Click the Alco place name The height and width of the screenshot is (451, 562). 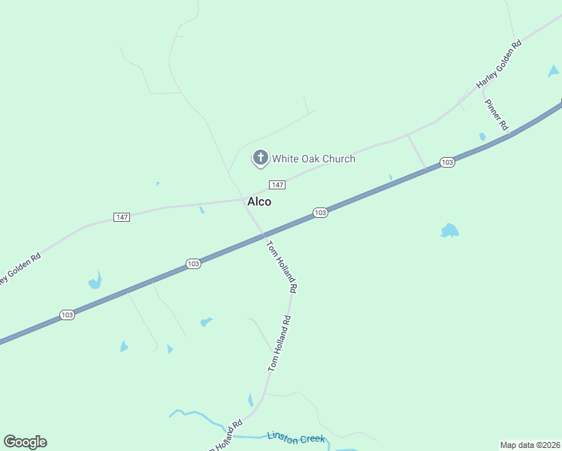pos(259,201)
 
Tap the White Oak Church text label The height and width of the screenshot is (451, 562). pos(313,159)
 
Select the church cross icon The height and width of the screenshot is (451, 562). pos(260,158)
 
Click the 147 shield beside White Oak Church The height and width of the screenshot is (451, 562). pos(277,185)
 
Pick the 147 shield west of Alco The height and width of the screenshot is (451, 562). pos(122,217)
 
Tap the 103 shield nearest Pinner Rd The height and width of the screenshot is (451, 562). pos(447,162)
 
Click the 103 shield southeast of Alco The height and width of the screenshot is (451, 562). pos(320,213)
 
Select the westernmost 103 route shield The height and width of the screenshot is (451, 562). pos(68,315)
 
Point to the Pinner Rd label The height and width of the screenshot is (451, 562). pos(496,115)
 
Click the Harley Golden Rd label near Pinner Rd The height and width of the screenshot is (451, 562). pos(498,63)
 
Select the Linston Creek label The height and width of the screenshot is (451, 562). pos(297,437)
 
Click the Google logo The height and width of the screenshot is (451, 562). pos(25,442)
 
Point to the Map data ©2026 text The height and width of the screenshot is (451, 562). pos(530,445)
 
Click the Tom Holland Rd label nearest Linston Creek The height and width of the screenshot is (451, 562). pos(225,436)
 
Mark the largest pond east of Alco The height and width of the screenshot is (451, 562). pos(449,231)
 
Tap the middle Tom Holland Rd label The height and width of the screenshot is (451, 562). pos(279,344)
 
